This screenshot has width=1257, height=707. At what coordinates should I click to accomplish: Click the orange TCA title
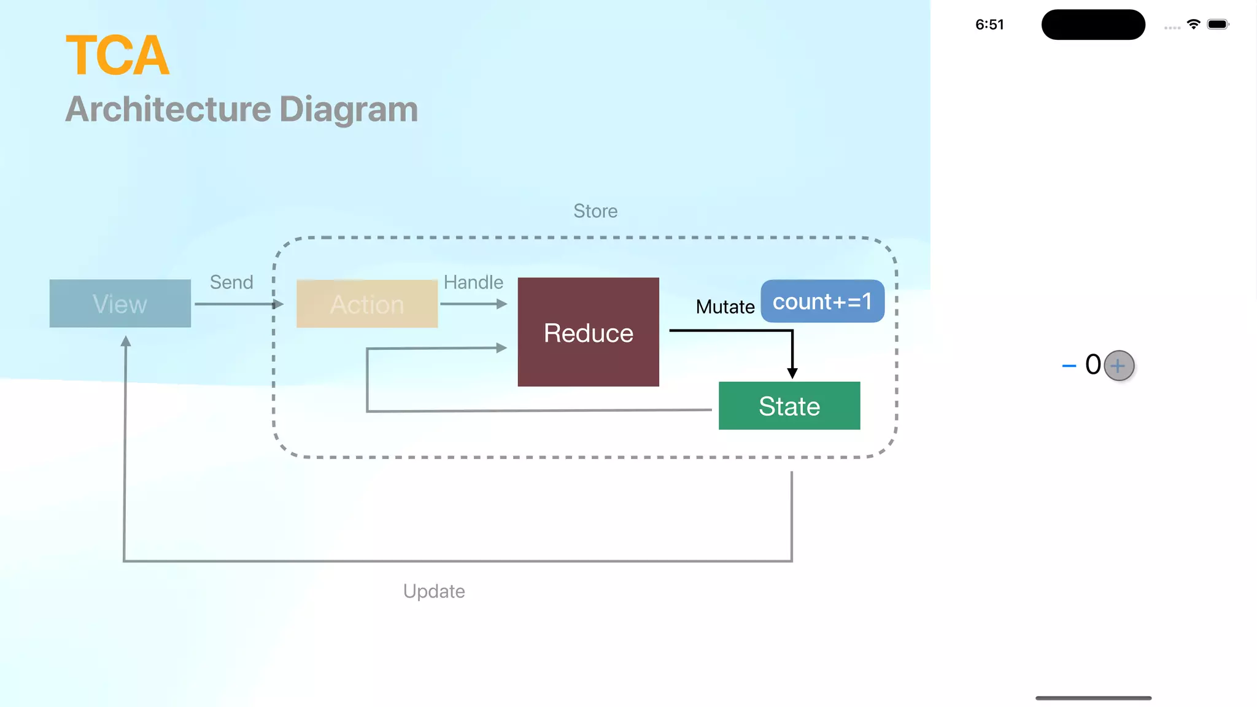click(x=117, y=56)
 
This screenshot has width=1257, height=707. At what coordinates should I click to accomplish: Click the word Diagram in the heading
click(x=348, y=109)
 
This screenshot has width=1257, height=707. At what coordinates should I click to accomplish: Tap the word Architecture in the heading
click(x=168, y=109)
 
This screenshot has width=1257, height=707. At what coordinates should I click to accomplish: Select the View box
click(x=120, y=304)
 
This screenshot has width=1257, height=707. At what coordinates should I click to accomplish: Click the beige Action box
click(x=367, y=304)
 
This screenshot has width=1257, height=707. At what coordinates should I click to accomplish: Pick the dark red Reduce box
click(x=588, y=332)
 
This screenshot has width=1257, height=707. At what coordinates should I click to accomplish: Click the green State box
click(x=789, y=406)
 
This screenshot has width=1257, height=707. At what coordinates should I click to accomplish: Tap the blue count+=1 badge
click(x=822, y=301)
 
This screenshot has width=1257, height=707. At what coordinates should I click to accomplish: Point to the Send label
click(x=231, y=282)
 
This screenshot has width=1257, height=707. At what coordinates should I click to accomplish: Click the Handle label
click(x=473, y=282)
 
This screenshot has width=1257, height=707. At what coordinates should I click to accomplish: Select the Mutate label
click(x=725, y=307)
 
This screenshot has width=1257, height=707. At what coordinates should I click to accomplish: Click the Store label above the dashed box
click(x=595, y=211)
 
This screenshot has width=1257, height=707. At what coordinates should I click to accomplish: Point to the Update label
click(x=434, y=591)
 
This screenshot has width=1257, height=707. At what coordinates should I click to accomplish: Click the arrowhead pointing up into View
click(x=126, y=342)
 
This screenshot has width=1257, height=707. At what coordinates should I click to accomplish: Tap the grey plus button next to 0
click(x=1119, y=366)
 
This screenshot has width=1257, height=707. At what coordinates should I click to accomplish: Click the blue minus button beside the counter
click(x=1069, y=366)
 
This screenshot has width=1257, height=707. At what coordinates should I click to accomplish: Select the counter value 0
click(x=1093, y=365)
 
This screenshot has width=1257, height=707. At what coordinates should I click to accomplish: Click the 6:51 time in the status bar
click(x=989, y=25)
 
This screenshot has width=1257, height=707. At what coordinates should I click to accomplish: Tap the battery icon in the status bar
click(x=1218, y=25)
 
